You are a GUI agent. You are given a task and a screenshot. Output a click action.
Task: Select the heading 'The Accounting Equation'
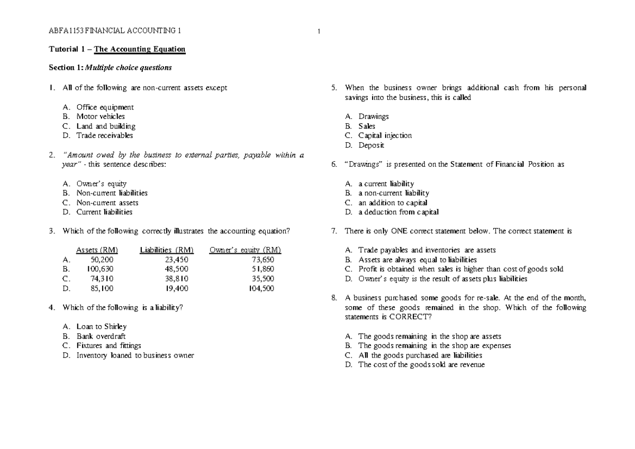tap(140, 49)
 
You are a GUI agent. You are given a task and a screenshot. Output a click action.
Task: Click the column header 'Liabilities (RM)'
tap(166, 250)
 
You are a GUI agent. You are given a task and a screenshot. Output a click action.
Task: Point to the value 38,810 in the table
tap(176, 279)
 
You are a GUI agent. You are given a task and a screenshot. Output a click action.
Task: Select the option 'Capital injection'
tap(385, 135)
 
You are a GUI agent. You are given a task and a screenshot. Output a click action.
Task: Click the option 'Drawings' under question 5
tap(373, 116)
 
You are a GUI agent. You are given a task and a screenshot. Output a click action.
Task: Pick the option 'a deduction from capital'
tap(398, 212)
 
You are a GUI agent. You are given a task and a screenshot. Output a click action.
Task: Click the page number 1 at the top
tap(319, 31)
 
